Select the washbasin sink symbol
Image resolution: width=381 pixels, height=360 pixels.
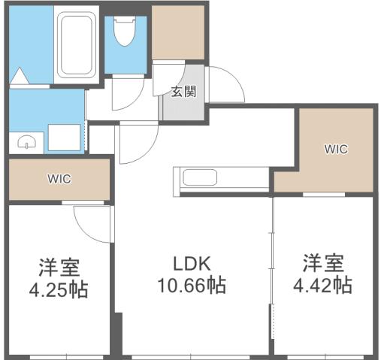[x=27, y=141]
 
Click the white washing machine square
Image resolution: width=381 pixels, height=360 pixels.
[x=65, y=138]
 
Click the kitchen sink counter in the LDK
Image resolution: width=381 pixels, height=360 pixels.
[x=200, y=179]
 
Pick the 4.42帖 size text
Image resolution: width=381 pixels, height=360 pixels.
[x=324, y=286]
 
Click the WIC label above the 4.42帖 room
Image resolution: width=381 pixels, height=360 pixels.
[x=335, y=149]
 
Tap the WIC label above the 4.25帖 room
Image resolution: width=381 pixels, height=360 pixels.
[x=59, y=180]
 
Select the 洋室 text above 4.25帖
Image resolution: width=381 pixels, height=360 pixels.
[x=59, y=267]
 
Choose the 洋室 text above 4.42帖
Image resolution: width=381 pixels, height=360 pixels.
[x=324, y=264]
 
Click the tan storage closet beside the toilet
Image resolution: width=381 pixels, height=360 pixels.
[x=178, y=32]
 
